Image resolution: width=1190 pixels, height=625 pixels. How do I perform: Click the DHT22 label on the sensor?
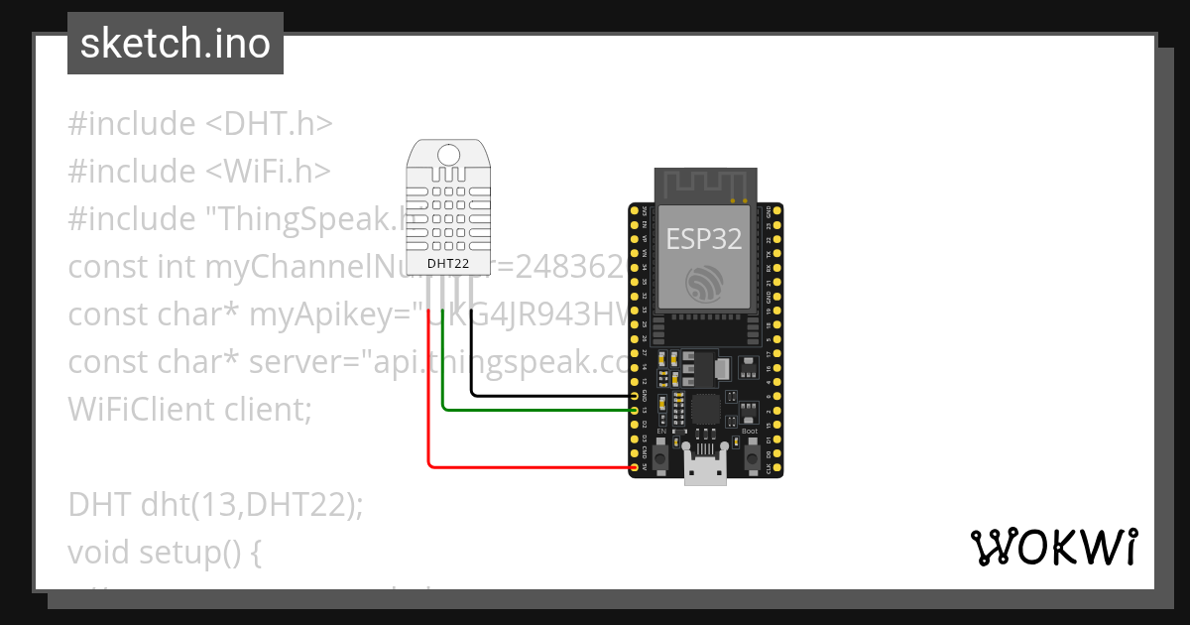point(448,264)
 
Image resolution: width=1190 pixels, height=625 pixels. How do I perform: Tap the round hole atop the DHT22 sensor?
point(448,155)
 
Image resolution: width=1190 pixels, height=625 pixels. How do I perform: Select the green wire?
point(535,408)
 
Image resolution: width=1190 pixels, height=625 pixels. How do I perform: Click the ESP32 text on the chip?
point(704,238)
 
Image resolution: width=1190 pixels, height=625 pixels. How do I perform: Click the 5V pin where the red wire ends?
point(635,466)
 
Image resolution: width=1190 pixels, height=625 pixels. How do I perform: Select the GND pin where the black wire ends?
point(635,396)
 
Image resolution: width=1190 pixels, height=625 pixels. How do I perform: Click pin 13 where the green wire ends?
point(635,409)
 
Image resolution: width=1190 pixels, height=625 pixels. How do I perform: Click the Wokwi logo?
point(1053,547)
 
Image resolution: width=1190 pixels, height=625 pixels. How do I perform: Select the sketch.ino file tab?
point(176,44)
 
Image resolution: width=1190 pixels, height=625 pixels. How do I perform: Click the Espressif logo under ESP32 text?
point(705,285)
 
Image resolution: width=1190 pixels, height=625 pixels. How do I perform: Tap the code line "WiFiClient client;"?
point(189,408)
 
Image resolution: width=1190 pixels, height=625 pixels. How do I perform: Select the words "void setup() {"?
point(165,551)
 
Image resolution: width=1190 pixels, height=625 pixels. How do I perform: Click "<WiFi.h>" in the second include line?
point(268,172)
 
